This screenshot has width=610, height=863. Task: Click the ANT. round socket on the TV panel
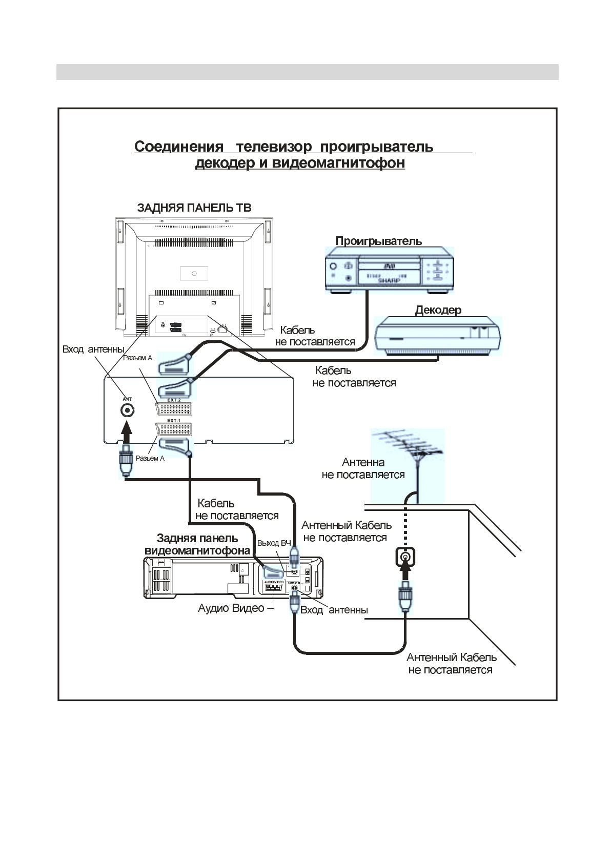[127, 410]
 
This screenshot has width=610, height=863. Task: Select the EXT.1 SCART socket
[174, 429]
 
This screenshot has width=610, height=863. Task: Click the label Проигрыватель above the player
[378, 241]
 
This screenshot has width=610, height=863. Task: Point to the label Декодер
[438, 310]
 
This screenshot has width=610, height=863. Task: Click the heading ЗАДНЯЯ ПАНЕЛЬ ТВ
[194, 208]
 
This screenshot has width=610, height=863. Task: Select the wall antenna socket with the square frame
[405, 557]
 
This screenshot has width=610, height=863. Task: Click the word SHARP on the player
[389, 281]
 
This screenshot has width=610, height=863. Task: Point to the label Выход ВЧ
[274, 543]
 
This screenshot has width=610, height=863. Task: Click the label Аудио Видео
[231, 608]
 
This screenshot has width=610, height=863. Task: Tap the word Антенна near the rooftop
[363, 463]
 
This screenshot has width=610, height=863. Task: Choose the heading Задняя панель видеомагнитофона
[197, 544]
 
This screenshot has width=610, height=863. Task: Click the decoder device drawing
[438, 336]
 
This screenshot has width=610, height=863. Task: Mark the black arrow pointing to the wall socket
[405, 572]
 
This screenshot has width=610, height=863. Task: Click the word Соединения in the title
[178, 147]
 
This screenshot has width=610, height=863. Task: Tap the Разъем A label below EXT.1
[150, 458]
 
